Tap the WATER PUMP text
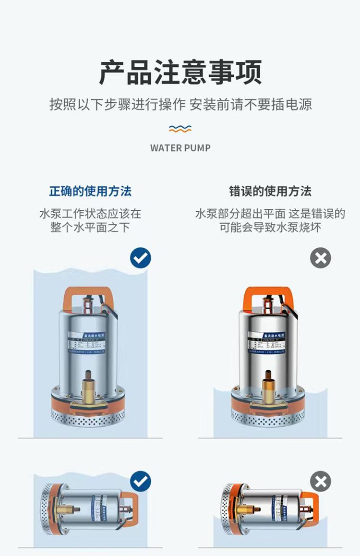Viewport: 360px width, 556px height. click(180, 148)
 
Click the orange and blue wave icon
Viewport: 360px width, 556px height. click(180, 129)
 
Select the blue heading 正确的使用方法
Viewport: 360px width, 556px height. click(90, 191)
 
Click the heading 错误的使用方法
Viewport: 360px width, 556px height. click(270, 191)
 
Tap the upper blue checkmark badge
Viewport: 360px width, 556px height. click(141, 258)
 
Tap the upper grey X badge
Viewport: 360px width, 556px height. click(321, 258)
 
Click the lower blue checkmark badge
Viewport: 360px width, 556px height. click(141, 481)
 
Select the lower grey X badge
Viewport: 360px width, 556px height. click(321, 481)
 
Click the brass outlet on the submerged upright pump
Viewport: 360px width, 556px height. click(88, 387)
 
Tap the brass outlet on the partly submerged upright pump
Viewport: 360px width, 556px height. click(268, 387)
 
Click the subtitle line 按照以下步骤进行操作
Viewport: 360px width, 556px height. click(118, 104)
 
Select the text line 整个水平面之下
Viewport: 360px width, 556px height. click(90, 227)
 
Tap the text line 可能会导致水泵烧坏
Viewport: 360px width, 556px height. click(270, 227)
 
